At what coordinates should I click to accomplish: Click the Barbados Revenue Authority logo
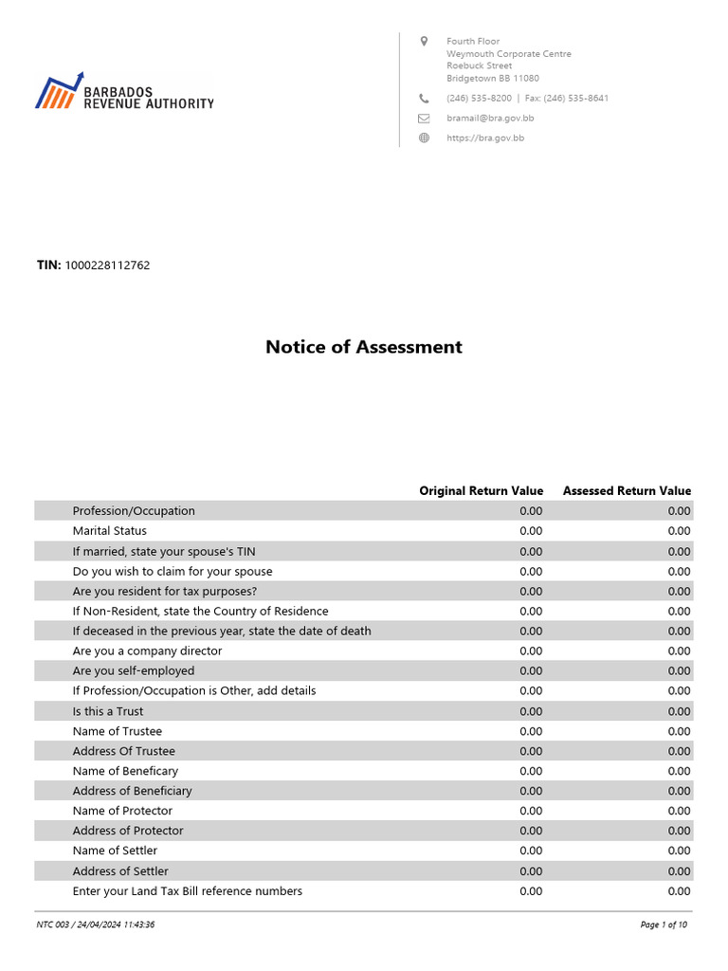tap(124, 92)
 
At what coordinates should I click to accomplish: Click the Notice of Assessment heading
tap(364, 347)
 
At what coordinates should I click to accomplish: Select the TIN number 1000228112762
tap(106, 266)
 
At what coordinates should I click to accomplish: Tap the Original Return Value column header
tap(482, 491)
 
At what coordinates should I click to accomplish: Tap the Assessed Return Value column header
tap(627, 491)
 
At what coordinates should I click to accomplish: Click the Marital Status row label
tap(110, 531)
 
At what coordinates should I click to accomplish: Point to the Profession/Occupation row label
tap(134, 511)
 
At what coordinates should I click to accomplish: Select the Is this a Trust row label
tap(108, 711)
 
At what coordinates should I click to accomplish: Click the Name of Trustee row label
tap(118, 731)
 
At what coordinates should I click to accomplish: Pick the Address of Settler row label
tap(120, 871)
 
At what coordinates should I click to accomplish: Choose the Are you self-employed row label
tap(134, 671)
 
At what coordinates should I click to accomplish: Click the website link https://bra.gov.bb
tap(485, 138)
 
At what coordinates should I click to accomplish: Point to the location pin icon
tap(424, 42)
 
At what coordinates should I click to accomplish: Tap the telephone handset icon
tap(424, 99)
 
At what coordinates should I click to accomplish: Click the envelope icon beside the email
tap(424, 119)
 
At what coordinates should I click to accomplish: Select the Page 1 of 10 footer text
tap(664, 925)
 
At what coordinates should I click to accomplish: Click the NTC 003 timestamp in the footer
tap(96, 925)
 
